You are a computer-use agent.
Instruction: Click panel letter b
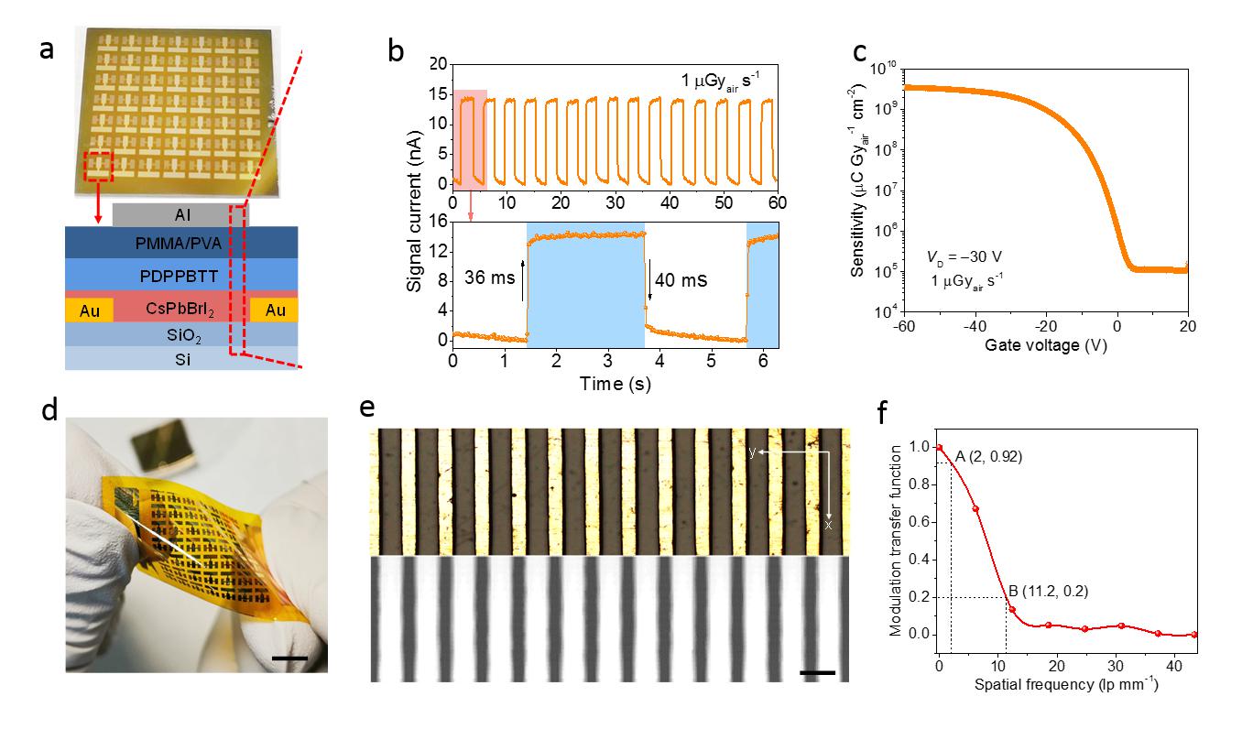396,52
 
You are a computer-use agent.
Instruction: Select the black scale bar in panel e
817,673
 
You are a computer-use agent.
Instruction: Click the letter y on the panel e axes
752,452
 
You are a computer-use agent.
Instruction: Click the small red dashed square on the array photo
98,166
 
